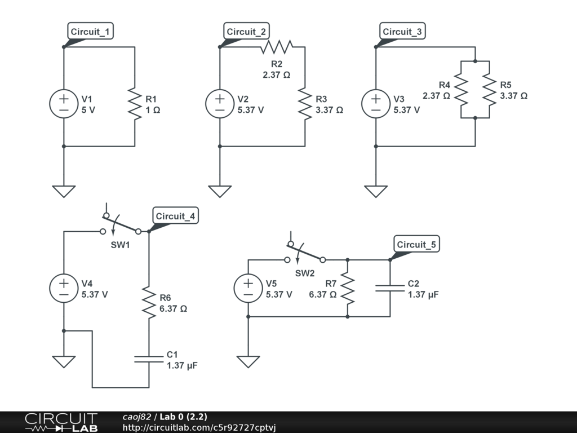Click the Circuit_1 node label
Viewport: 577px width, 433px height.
pos(91,32)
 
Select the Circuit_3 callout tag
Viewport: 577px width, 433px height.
pos(402,32)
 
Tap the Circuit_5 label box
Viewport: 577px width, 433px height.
pos(417,245)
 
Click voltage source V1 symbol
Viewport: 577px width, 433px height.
pos(64,104)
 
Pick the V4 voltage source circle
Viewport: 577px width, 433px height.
pos(64,288)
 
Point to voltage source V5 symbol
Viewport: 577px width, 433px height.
pos(248,288)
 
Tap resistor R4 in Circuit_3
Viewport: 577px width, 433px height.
pos(461,90)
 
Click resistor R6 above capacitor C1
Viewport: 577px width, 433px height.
pos(149,303)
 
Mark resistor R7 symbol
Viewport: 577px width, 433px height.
pos(347,288)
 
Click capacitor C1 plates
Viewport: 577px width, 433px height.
pos(149,359)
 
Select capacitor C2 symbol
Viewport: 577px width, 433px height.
pos(390,288)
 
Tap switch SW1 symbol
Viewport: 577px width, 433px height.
pos(121,226)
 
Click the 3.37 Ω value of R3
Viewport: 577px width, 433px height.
pos(329,111)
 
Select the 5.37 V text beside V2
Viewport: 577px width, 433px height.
pos(251,111)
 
